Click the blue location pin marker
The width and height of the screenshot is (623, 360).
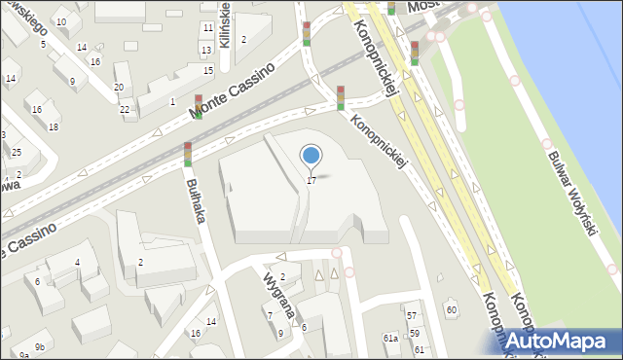tap(311, 156)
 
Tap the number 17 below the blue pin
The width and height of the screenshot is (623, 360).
tap(311, 180)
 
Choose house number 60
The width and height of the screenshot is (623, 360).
tap(451, 309)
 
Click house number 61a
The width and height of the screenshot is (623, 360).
tap(390, 338)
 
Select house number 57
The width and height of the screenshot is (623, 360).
tap(412, 315)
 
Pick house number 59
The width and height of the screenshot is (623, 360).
tap(414, 333)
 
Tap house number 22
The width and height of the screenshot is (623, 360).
tap(125, 109)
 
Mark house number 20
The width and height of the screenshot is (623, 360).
tap(118, 88)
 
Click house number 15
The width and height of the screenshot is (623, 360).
tap(208, 70)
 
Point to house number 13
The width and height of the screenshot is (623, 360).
tap(205, 50)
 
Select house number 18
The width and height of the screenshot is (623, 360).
tap(54, 126)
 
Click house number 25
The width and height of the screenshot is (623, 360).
tap(17, 152)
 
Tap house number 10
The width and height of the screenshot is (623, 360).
tap(61, 21)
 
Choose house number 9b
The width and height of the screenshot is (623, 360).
tap(40, 346)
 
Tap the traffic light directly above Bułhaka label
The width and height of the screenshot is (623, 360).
tap(188, 154)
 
